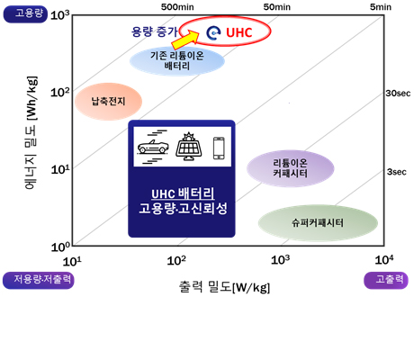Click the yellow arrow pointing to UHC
[186, 40]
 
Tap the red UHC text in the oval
[239, 32]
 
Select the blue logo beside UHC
[213, 32]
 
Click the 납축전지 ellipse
[108, 102]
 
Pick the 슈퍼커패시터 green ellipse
[318, 223]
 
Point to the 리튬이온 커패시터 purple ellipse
[291, 168]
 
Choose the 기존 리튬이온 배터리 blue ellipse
[177, 60]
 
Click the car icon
[153, 147]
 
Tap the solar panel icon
[189, 147]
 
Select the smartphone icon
[219, 148]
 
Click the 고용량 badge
[25, 14]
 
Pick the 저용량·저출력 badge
[39, 281]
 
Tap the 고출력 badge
[386, 281]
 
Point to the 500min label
[177, 7]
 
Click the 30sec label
[398, 94]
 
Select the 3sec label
[397, 172]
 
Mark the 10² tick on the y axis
[59, 92]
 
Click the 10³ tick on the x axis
[281, 260]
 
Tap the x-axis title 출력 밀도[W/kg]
[224, 287]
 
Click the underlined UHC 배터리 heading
[183, 194]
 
